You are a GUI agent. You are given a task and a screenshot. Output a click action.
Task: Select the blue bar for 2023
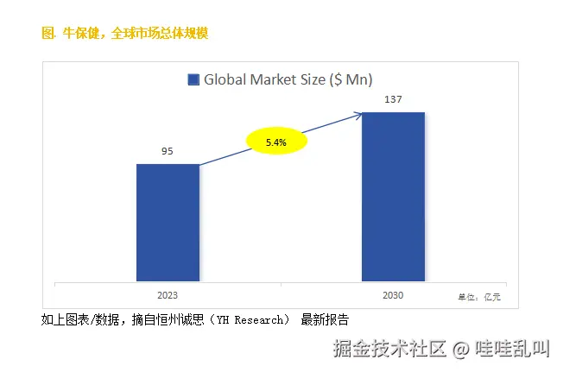pyautogui.click(x=168, y=222)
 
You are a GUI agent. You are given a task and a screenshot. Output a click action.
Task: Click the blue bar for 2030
pyautogui.click(x=393, y=196)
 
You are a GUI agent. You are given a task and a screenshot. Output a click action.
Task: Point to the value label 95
pyautogui.click(x=168, y=152)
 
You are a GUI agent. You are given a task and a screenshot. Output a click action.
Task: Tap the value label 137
pyautogui.click(x=393, y=100)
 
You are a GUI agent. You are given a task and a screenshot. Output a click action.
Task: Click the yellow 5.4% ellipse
pyautogui.click(x=276, y=141)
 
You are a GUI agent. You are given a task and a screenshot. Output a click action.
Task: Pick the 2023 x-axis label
pyautogui.click(x=168, y=295)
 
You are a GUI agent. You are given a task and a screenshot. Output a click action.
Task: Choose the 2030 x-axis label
pyautogui.click(x=393, y=295)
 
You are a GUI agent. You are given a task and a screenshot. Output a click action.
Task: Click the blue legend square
pyautogui.click(x=193, y=80)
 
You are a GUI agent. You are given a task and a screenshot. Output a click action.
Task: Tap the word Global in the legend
pyautogui.click(x=224, y=80)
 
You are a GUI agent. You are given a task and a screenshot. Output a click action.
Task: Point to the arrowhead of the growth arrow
pyautogui.click(x=361, y=116)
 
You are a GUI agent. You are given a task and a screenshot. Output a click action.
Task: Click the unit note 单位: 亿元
pyautogui.click(x=480, y=297)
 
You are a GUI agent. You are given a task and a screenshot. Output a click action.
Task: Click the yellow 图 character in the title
pyautogui.click(x=47, y=34)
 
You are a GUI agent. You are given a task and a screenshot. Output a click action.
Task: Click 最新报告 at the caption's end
pyautogui.click(x=325, y=320)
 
